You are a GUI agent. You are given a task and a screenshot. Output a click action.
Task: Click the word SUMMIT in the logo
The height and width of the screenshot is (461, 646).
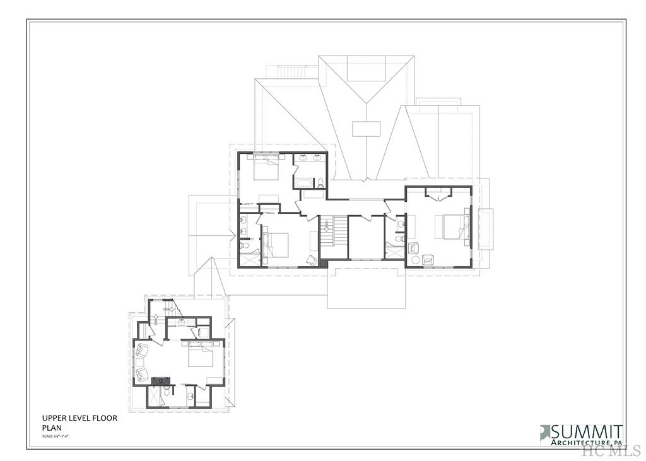pos(587,432)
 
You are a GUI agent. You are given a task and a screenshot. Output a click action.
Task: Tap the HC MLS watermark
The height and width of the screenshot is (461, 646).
pos(611,450)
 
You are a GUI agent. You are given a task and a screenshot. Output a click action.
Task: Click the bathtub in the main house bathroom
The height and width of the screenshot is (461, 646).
pos(303,183)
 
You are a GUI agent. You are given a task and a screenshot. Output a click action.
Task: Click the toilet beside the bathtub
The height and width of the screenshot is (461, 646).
pos(320,183)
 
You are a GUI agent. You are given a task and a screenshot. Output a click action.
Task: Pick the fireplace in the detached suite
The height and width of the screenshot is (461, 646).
pos(161,380)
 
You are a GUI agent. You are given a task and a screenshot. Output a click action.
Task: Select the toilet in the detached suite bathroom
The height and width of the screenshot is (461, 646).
pos(166,391)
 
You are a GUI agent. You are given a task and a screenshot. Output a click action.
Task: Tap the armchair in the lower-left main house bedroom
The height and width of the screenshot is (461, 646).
pos(312,259)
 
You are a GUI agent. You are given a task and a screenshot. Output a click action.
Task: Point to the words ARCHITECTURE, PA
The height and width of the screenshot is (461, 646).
pos(587,443)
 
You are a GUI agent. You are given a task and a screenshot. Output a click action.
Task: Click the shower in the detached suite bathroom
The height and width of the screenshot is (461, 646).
pos(153,397)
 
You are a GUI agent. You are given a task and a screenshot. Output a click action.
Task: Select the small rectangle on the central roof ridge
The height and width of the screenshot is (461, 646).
pos(366,129)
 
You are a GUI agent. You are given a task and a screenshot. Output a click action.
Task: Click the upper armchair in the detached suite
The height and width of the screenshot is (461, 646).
pos(141,350)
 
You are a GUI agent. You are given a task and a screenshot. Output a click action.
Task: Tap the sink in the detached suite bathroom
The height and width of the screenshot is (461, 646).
pos(189,395)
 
